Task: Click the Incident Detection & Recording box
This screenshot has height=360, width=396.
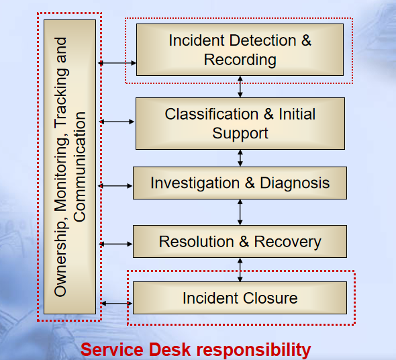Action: [x=240, y=50]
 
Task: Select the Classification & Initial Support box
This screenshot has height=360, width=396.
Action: [x=240, y=124]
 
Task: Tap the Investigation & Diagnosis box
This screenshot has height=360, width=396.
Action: [x=240, y=183]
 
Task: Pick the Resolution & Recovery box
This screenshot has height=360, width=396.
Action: [x=240, y=241]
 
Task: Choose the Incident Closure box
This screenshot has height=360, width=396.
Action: [x=240, y=298]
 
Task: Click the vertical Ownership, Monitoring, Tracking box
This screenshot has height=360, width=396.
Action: [x=70, y=167]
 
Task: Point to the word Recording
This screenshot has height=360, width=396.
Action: [x=240, y=60]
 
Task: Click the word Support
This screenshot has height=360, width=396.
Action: [x=240, y=134]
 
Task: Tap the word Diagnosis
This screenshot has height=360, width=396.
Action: [x=295, y=183]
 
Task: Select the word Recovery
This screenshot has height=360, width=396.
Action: [x=288, y=242]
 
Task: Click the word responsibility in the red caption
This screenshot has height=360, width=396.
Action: [x=254, y=351]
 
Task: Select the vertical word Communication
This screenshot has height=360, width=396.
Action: [x=80, y=167]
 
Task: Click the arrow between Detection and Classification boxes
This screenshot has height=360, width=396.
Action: [x=240, y=87]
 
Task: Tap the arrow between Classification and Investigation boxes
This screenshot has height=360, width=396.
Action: [x=240, y=158]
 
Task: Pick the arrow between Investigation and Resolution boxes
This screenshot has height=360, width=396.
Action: [x=240, y=212]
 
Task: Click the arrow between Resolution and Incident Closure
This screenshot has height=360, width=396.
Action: [x=240, y=270]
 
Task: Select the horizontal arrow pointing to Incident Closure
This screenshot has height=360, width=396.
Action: [x=116, y=304]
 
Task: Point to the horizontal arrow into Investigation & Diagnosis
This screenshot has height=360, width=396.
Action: [x=115, y=186]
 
